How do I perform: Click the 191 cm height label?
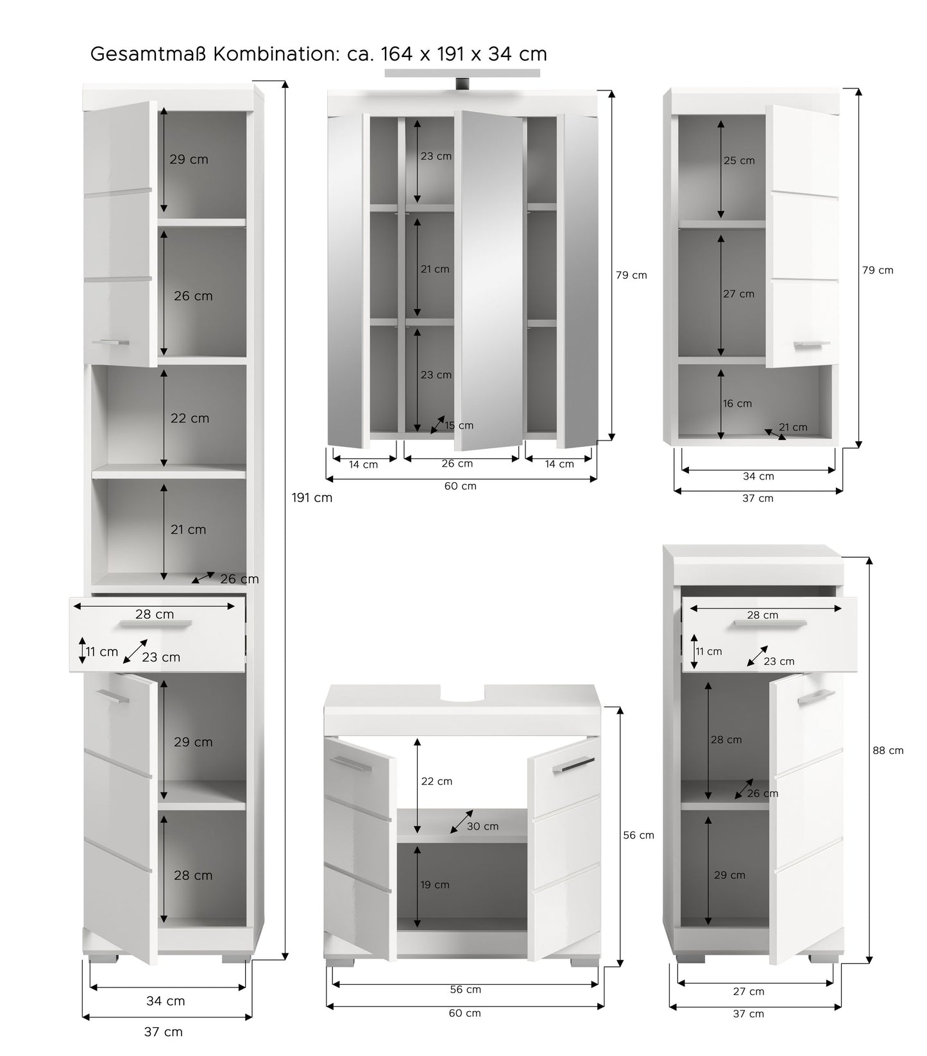(312, 498)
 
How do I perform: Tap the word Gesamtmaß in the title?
(149, 54)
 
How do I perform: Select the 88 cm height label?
(888, 750)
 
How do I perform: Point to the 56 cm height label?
(639, 835)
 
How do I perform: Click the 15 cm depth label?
(459, 425)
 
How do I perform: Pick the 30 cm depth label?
(482, 826)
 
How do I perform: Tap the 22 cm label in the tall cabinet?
(190, 418)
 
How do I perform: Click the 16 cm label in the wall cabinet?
(737, 403)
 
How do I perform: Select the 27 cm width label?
(749, 991)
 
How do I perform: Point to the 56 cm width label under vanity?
(465, 989)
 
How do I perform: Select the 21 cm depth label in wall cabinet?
(793, 427)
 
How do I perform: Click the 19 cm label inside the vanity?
(434, 885)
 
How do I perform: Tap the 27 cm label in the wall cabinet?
(738, 294)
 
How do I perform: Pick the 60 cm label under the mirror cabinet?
(460, 486)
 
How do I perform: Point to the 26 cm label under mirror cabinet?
(457, 464)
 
